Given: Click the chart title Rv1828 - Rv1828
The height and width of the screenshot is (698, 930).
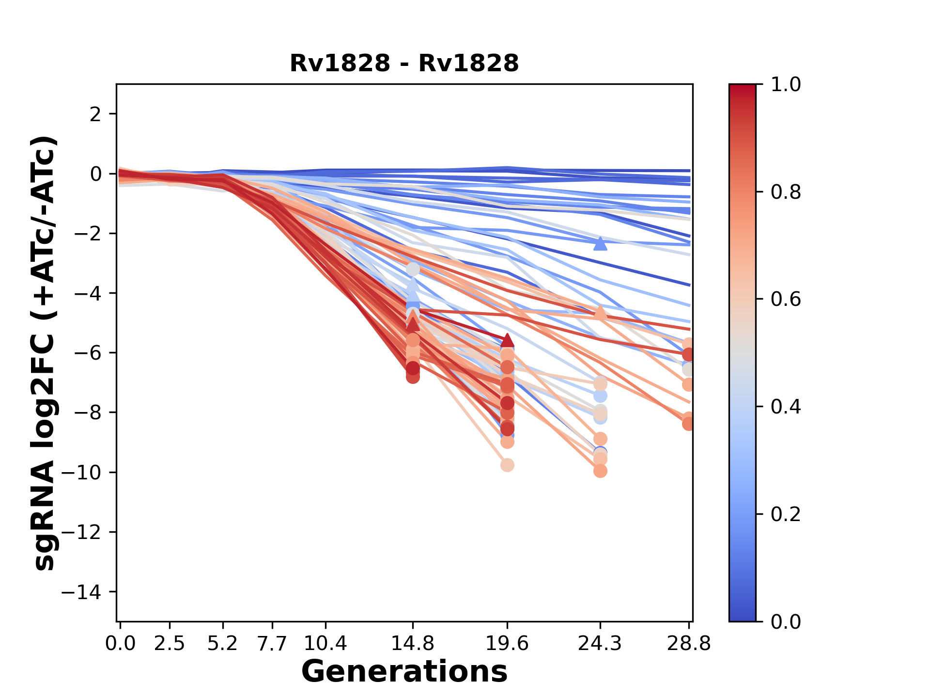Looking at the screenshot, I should (404, 63).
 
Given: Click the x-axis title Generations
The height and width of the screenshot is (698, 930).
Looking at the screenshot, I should (404, 672).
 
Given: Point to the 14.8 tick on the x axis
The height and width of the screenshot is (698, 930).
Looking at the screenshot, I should (413, 644).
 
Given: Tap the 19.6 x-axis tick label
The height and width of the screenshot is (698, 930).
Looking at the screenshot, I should (507, 644).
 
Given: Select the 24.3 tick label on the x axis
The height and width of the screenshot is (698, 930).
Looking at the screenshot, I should (600, 644).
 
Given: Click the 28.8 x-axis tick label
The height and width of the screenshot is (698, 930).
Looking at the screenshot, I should (689, 644).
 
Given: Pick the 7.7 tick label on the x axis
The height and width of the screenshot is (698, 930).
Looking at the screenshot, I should (273, 644).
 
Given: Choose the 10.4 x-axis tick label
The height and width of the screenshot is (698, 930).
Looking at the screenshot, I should (325, 644).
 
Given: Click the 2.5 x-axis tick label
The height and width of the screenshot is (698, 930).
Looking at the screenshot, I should (170, 644).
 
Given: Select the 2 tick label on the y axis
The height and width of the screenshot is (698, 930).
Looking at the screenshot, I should (95, 114).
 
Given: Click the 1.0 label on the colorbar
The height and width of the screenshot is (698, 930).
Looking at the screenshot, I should (786, 85).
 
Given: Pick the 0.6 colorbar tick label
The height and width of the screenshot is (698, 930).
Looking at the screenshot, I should (786, 300).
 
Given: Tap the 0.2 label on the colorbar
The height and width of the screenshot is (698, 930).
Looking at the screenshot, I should (786, 514).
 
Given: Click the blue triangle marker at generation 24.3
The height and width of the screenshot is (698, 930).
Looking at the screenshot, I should (600, 244).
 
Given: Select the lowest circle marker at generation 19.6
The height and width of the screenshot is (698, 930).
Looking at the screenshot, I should (507, 465).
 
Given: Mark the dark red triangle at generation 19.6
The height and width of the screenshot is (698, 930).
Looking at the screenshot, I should (507, 340).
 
